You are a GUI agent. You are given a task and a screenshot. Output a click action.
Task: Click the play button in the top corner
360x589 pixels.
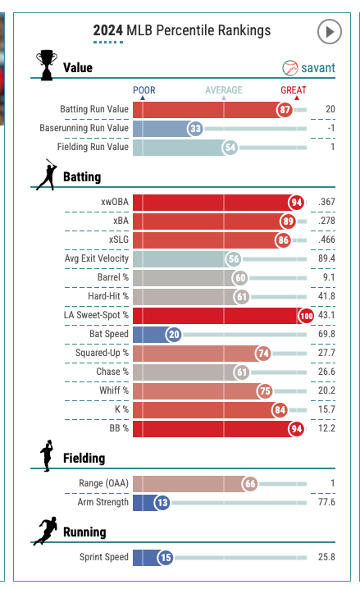pyautogui.click(x=329, y=32)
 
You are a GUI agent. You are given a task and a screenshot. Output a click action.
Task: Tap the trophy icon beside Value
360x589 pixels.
pyautogui.click(x=47, y=65)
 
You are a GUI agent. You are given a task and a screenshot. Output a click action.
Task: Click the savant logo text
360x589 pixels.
pyautogui.click(x=318, y=68)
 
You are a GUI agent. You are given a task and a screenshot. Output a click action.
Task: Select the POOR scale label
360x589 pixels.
pyautogui.click(x=144, y=90)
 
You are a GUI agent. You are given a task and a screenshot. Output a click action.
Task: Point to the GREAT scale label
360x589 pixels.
pyautogui.click(x=294, y=90)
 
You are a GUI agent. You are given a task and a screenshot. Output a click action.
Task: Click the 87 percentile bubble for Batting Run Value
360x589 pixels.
pyautogui.click(x=285, y=110)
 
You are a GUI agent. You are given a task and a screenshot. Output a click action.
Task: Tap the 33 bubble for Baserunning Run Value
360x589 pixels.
pyautogui.click(x=195, y=129)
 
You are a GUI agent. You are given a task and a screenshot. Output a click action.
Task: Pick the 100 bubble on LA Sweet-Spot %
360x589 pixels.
pyautogui.click(x=307, y=316)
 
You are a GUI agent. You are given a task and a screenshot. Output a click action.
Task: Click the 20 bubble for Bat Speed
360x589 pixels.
pyautogui.click(x=174, y=335)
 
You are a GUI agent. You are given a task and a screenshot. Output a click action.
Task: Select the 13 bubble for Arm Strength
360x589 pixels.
pyautogui.click(x=162, y=503)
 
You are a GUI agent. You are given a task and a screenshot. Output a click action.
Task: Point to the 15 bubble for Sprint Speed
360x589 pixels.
pyautogui.click(x=166, y=558)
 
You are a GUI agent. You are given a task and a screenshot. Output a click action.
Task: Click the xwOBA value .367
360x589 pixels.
pyautogui.click(x=326, y=202)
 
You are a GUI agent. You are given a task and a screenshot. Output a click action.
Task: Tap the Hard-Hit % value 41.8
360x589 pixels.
pyautogui.click(x=326, y=296)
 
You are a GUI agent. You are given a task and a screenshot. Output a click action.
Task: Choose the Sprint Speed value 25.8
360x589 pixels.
pyautogui.click(x=326, y=557)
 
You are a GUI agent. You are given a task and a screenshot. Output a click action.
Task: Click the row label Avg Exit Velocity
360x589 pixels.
pyautogui.click(x=97, y=258)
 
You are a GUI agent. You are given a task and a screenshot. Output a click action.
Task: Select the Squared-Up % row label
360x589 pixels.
pyautogui.click(x=103, y=353)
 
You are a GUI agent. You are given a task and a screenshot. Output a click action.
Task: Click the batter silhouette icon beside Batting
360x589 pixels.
pyautogui.click(x=47, y=174)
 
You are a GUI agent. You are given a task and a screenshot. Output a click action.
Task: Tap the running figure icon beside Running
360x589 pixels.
pyautogui.click(x=45, y=531)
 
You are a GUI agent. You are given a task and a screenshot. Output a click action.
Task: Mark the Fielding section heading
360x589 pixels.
pyautogui.click(x=84, y=459)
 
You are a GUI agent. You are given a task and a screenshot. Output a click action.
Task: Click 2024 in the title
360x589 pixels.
pyautogui.click(x=108, y=30)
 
